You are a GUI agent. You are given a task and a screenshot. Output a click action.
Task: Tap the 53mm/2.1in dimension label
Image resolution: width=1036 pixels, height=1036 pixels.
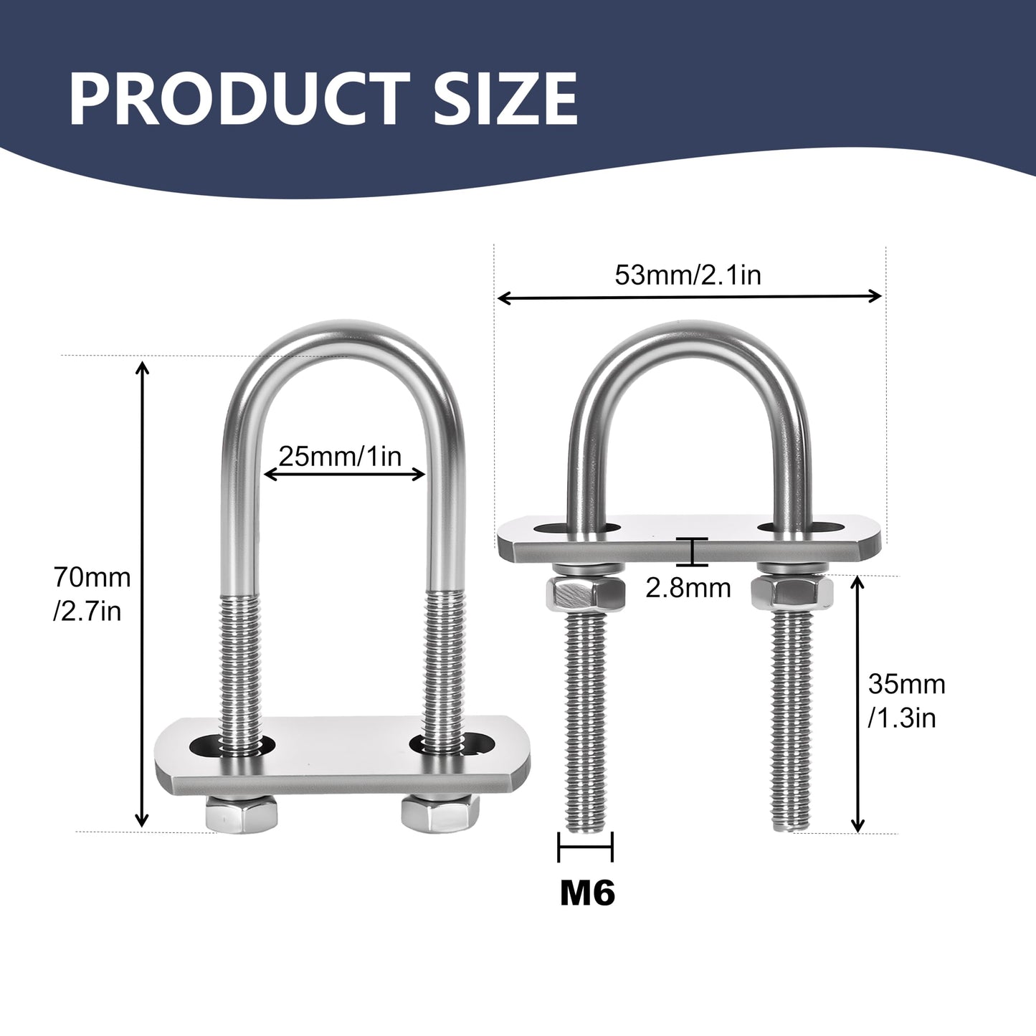point(688,275)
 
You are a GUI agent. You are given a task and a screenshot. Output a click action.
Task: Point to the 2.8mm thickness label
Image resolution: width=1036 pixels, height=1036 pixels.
point(688,588)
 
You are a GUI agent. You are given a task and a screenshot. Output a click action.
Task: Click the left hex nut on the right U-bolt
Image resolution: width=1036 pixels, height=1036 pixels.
point(585,592)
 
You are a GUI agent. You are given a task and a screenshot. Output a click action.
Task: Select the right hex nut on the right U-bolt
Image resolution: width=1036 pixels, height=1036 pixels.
point(792,590)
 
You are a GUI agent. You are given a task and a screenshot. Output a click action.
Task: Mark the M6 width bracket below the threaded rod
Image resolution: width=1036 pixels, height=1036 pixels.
point(585,847)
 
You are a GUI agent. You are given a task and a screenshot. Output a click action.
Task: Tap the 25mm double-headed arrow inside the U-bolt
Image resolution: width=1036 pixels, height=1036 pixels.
point(344,473)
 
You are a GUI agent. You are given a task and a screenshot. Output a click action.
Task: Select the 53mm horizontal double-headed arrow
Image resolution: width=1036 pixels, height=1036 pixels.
point(689,296)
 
